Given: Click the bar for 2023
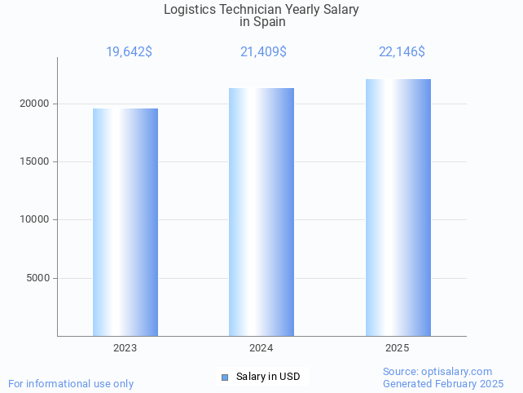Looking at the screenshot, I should pyautogui.click(x=125, y=222).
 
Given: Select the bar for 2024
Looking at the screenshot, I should pyautogui.click(x=261, y=212).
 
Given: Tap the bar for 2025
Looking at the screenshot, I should pyautogui.click(x=398, y=207).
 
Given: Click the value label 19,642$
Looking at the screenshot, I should pyautogui.click(x=129, y=52).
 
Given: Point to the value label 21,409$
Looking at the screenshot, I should pyautogui.click(x=263, y=52).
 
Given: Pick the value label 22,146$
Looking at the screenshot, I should pyautogui.click(x=402, y=52).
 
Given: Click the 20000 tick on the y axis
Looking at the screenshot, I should pyautogui.click(x=34, y=104).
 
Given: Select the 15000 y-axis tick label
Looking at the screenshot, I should pyautogui.click(x=34, y=161).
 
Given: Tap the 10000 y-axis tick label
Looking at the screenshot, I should pyautogui.click(x=34, y=219).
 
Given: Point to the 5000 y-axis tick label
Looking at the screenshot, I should pyautogui.click(x=37, y=278).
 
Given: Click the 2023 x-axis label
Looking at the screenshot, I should pyautogui.click(x=125, y=348).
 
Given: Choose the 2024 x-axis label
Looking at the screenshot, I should pyautogui.click(x=261, y=348).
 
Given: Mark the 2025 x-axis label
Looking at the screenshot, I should pyautogui.click(x=398, y=348).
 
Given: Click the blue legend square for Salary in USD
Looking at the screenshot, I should pyautogui.click(x=226, y=377).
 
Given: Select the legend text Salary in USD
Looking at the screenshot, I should pyautogui.click(x=268, y=377).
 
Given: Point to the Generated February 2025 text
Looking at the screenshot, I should pyautogui.click(x=443, y=383).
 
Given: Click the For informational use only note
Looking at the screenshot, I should pyautogui.click(x=71, y=383).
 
